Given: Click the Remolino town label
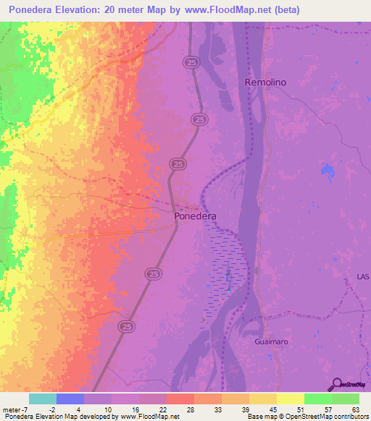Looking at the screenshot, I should click(x=265, y=82).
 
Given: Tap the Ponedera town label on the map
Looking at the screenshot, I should click(x=196, y=216).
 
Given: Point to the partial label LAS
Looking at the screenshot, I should click(x=363, y=277).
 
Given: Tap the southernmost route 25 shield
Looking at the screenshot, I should click(x=126, y=327).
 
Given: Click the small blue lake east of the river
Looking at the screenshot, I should click(x=327, y=171).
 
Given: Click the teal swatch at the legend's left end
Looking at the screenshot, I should click(x=43, y=399).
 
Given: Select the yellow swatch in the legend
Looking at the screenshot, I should click(x=290, y=399).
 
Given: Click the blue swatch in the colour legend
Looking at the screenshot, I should click(x=70, y=399).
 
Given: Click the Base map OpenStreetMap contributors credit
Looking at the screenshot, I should click(x=307, y=417).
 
